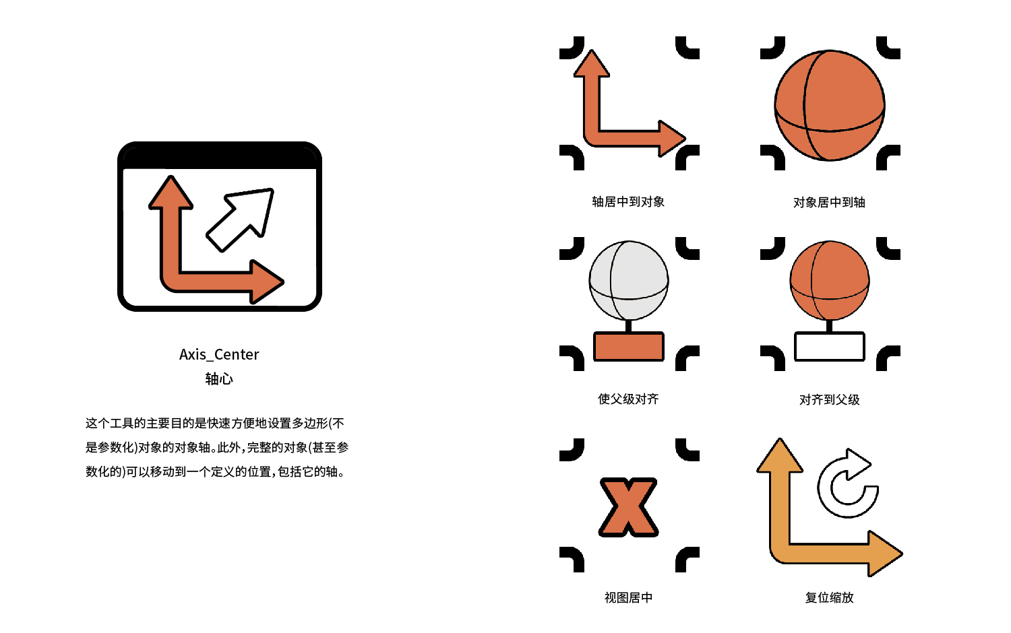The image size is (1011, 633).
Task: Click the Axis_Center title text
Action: [x=219, y=354]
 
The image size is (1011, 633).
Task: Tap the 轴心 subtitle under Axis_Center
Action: [x=219, y=378]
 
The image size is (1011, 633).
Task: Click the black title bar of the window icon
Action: [x=220, y=156]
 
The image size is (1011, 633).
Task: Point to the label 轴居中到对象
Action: [x=628, y=201]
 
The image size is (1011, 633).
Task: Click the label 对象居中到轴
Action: [x=829, y=202]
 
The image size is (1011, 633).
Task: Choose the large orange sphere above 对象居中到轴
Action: [x=829, y=105]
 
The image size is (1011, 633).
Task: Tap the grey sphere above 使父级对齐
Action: [x=629, y=281]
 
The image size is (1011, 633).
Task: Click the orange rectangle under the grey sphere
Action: [x=629, y=346]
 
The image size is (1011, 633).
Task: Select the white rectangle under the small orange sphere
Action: [x=829, y=346]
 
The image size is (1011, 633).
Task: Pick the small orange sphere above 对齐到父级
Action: [x=829, y=280]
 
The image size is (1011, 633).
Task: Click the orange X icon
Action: [x=628, y=507]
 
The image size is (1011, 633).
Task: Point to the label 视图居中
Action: [x=628, y=597]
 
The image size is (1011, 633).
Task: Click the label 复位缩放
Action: [x=829, y=597]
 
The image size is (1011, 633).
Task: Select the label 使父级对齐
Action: [x=628, y=399]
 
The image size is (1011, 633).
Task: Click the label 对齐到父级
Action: [x=829, y=399]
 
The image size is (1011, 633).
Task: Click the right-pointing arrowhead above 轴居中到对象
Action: [x=671, y=139]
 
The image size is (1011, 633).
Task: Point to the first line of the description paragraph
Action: [x=215, y=423]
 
